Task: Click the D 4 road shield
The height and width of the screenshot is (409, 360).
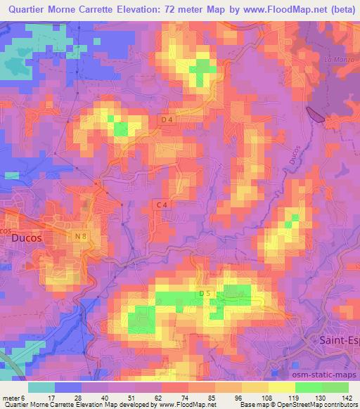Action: [x=167, y=120]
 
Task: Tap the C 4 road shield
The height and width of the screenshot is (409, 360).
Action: [x=161, y=204]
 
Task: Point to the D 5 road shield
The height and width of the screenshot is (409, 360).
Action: [x=205, y=292]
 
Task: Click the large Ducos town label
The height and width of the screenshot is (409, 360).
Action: [x=27, y=238]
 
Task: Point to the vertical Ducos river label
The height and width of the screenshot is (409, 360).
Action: [x=291, y=151]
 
